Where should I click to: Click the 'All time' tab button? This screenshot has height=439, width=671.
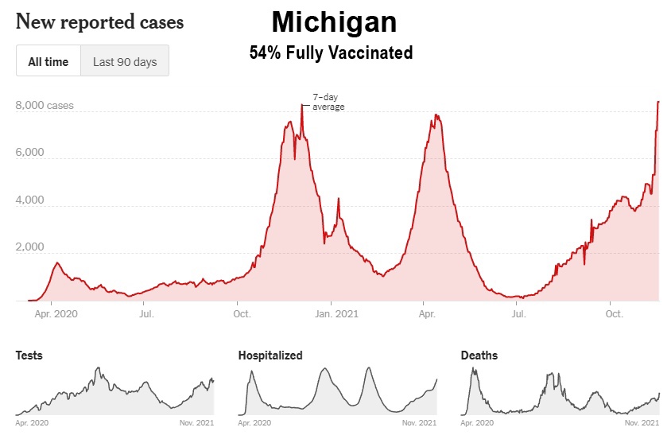48,61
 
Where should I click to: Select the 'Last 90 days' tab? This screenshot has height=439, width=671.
125,61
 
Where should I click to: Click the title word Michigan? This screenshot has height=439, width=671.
334,21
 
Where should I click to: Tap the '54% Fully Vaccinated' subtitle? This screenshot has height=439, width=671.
331,53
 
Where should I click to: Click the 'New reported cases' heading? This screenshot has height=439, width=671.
99,21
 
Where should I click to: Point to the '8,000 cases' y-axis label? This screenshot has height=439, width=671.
45,105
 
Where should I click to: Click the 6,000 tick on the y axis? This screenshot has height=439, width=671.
30,153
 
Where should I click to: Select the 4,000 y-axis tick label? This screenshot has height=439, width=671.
30,200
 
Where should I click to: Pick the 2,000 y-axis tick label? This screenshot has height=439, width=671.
30,248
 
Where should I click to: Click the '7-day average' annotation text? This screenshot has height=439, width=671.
328,102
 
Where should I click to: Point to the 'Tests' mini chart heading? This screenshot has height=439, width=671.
29,355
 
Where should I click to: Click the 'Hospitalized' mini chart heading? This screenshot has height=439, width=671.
270,355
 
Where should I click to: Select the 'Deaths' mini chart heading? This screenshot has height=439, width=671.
479,355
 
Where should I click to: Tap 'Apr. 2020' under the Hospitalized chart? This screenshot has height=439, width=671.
256,422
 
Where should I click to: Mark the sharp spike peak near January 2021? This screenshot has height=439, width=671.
339,199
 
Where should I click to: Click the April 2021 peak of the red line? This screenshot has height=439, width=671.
436,115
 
